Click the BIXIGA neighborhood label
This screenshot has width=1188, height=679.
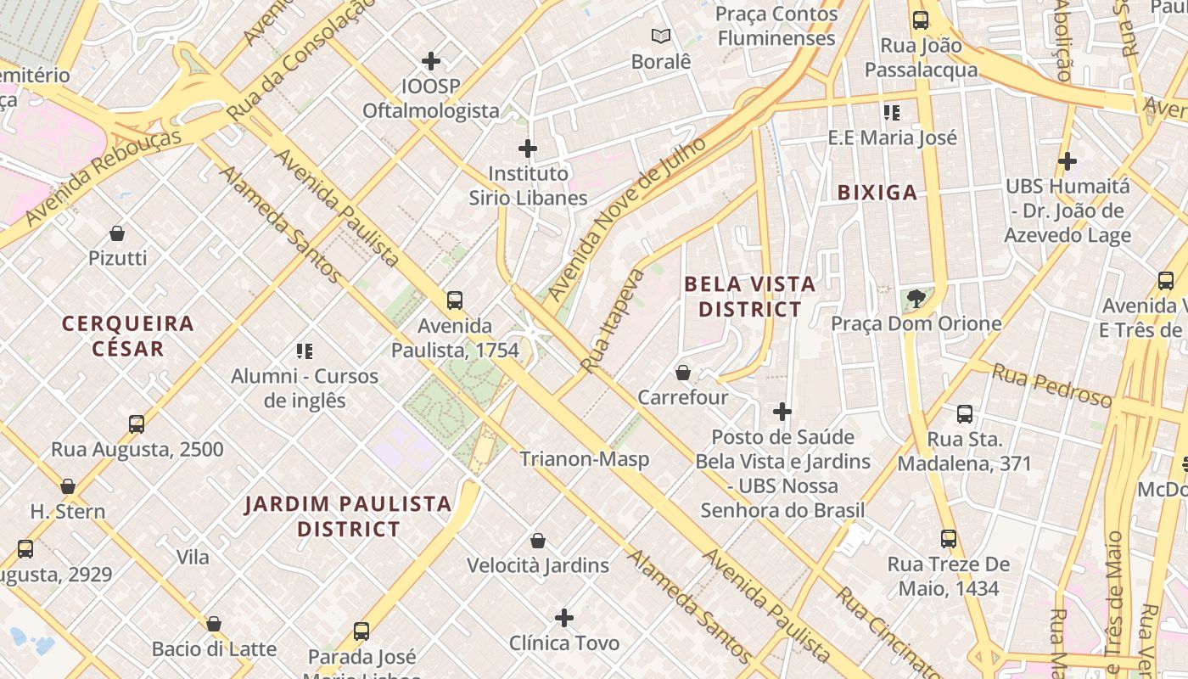point(877,193)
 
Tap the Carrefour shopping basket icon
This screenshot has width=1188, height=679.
point(682,373)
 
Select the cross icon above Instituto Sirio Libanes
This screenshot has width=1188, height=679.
point(527,149)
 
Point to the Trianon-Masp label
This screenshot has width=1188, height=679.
point(584,459)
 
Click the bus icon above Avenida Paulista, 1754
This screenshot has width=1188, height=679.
point(455,300)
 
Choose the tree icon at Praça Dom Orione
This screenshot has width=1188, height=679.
point(916,298)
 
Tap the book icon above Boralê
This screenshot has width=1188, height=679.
point(661,36)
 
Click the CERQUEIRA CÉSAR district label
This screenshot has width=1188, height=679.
point(128,336)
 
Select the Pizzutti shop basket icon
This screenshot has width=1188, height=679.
point(117,233)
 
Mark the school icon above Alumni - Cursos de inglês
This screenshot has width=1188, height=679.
point(305,351)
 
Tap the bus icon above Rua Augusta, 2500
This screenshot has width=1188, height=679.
point(137,424)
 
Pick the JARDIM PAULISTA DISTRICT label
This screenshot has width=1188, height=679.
point(348,516)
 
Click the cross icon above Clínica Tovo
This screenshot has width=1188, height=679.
point(564,618)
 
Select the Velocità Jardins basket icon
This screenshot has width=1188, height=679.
point(537,541)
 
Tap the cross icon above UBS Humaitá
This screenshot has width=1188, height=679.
point(1067,160)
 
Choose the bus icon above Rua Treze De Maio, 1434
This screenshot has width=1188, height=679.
point(948,539)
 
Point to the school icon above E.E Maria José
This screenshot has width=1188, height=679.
point(891,112)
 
